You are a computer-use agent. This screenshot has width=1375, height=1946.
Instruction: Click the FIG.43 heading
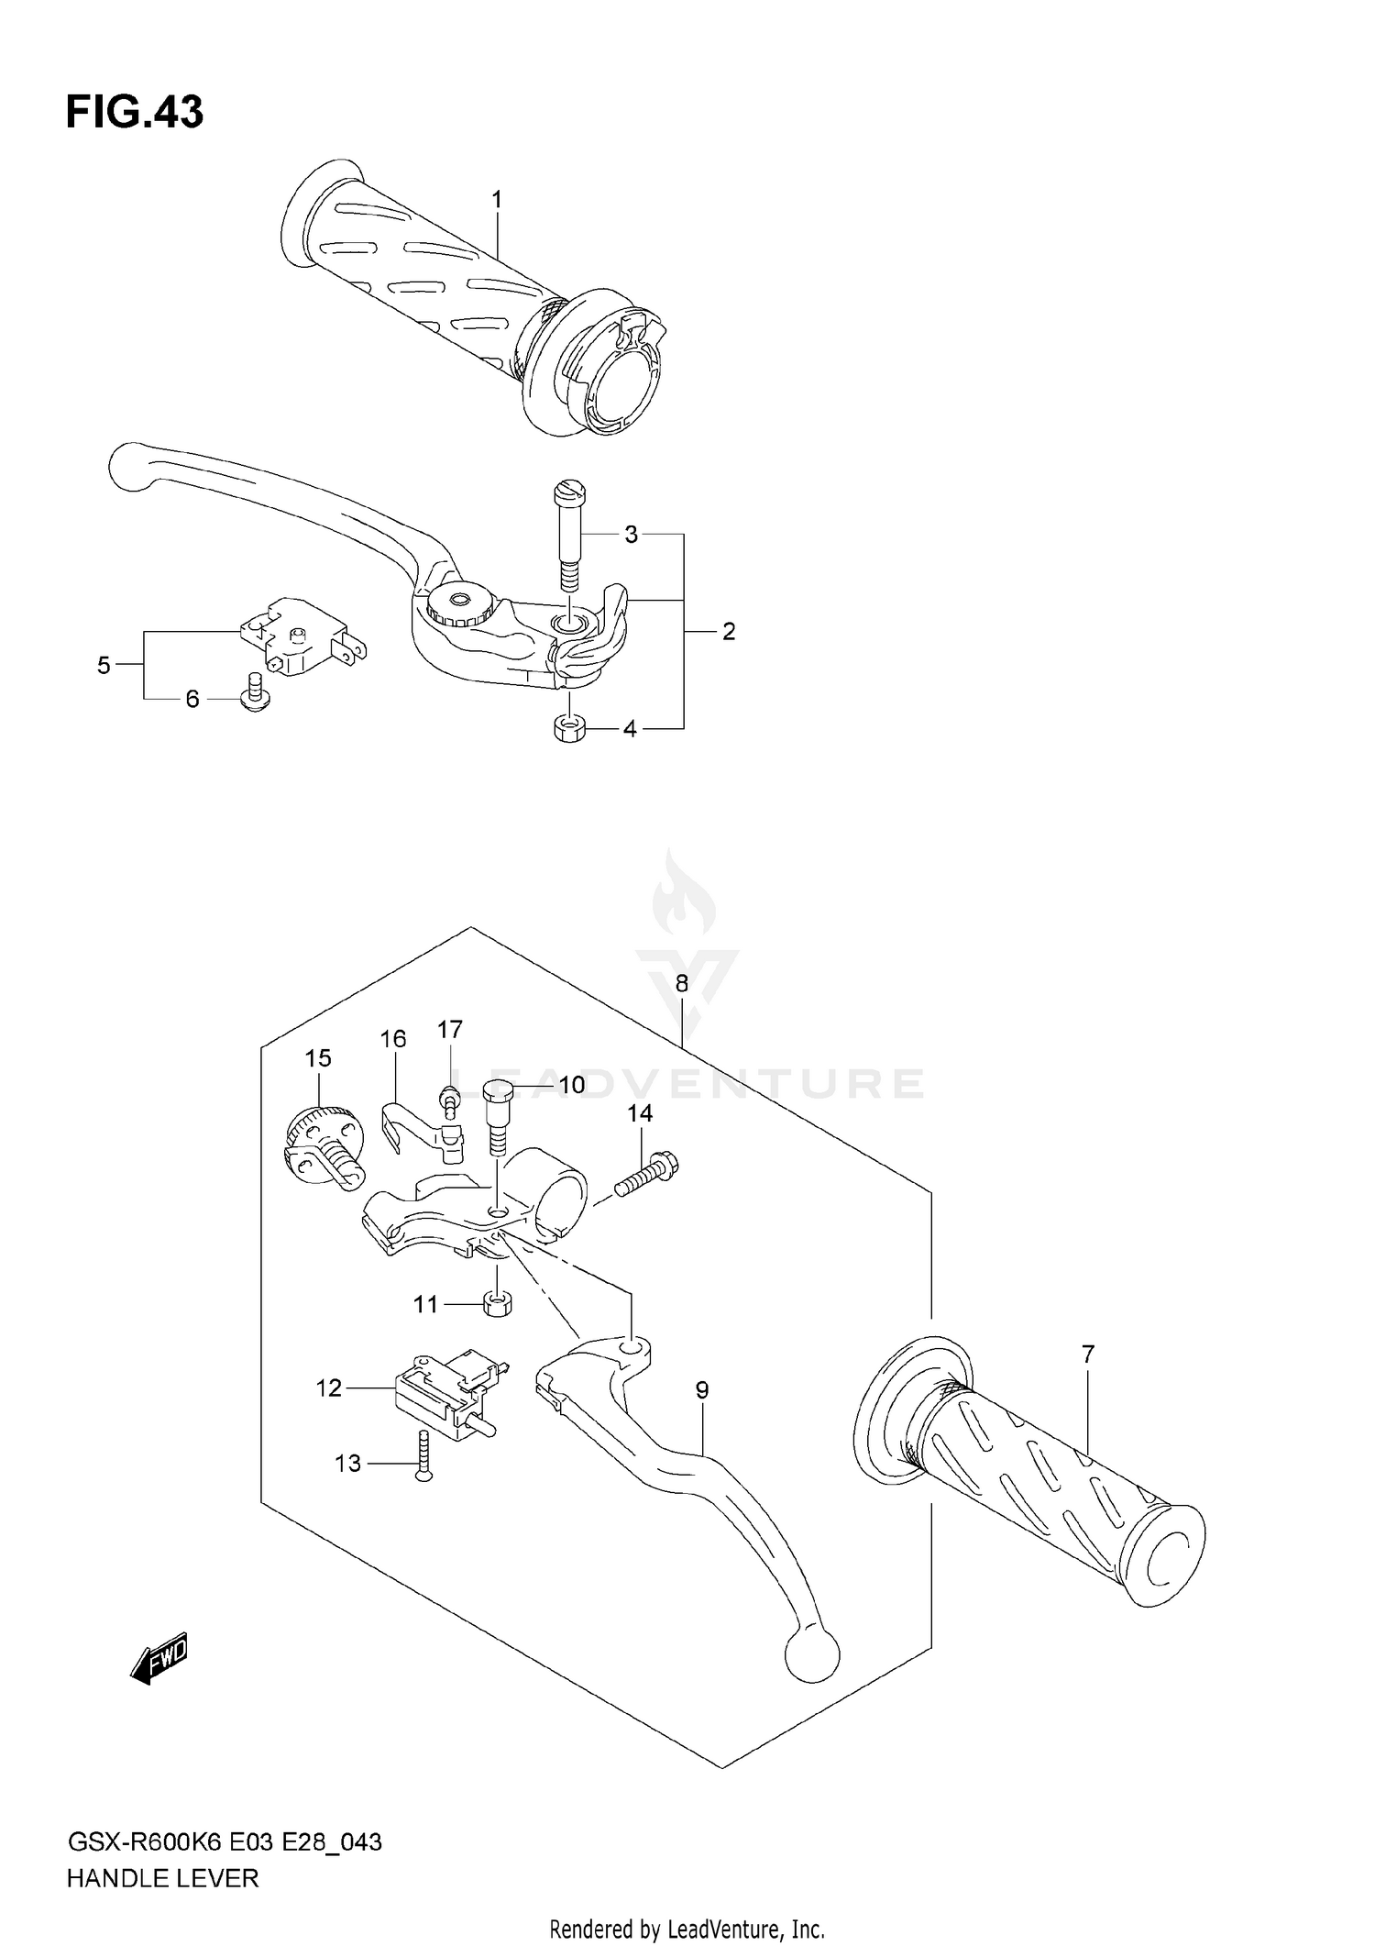(x=135, y=113)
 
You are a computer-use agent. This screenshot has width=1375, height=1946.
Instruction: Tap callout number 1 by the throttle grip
(x=496, y=199)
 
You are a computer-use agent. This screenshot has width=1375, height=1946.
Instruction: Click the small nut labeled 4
(x=569, y=729)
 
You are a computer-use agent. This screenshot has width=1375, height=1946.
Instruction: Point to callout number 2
(x=728, y=631)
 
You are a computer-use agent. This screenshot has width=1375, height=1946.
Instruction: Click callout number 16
(x=393, y=1039)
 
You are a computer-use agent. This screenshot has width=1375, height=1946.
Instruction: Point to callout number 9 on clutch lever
(x=701, y=1390)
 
